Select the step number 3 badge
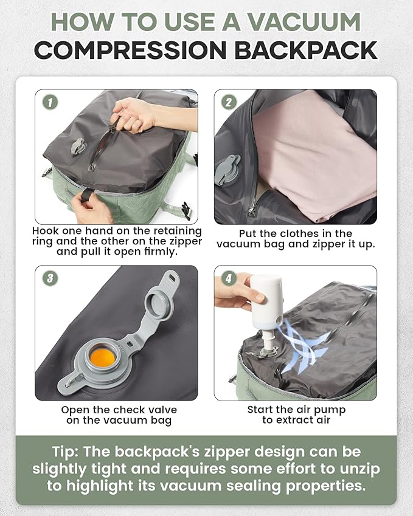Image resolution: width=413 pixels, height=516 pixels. coord(50,278)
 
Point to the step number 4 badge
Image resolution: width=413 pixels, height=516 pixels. coord(228,278)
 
